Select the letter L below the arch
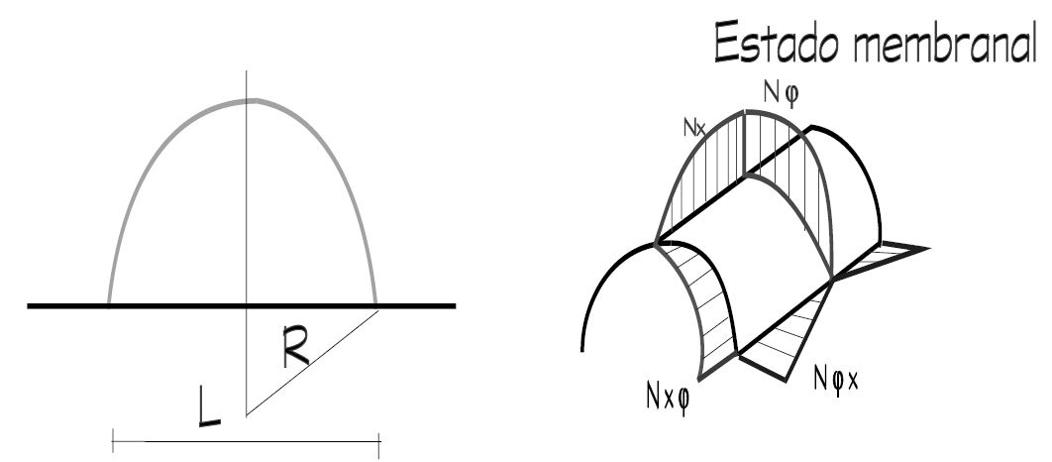click(209, 406)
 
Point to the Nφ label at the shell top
click(782, 93)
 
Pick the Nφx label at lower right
click(835, 378)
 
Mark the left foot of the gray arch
click(109, 302)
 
